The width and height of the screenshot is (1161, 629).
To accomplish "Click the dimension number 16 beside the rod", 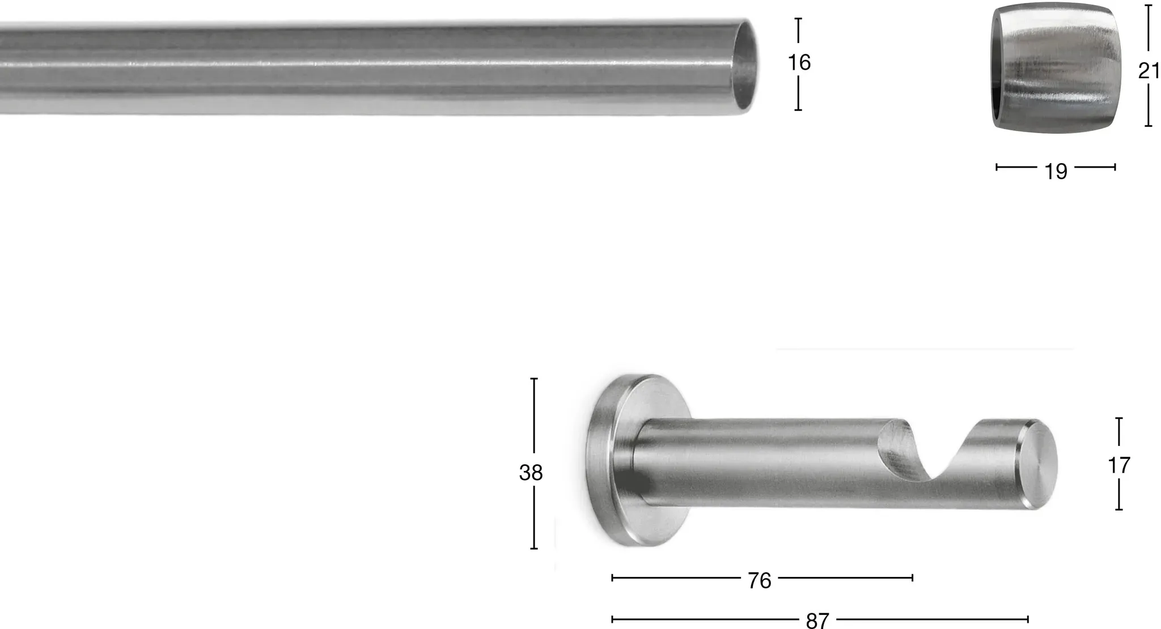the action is point(799,62).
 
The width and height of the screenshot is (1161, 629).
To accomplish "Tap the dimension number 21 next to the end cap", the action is point(1149,71).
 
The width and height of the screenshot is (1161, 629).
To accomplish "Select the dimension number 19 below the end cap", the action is point(1056,171).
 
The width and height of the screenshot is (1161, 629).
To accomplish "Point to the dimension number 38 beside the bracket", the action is point(531,473).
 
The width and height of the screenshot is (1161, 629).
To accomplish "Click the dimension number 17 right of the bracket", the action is point(1119,466).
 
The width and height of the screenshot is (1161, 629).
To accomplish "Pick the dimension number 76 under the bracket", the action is point(760,580).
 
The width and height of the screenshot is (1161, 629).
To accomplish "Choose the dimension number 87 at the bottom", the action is point(817,620).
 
